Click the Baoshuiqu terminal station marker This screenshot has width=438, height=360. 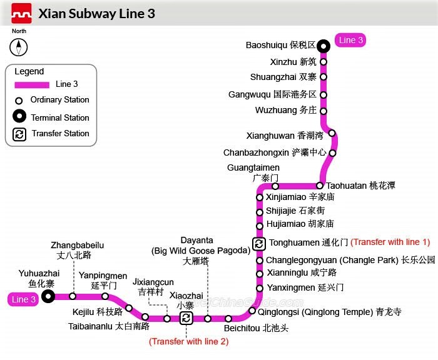pyautogui.click(x=323, y=46)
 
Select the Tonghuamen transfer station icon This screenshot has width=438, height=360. pyautogui.click(x=258, y=242)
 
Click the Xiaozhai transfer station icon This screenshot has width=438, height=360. pyautogui.click(x=186, y=318)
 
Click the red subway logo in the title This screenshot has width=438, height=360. pyautogui.click(x=21, y=13)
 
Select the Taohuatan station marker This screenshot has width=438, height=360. pyautogui.click(x=320, y=186)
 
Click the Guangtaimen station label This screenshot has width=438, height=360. pyautogui.click(x=262, y=172)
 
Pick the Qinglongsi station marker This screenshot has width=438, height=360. pyautogui.click(x=252, y=311)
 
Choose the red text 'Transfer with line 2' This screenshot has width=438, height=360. pyautogui.click(x=188, y=341)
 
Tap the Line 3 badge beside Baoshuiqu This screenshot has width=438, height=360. pyautogui.click(x=350, y=41)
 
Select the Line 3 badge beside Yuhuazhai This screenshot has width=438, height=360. pyautogui.click(x=23, y=299)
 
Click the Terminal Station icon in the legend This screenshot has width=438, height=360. pyautogui.click(x=19, y=117)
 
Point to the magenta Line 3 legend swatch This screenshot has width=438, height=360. pyautogui.click(x=31, y=84)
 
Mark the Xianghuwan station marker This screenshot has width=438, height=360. pyautogui.click(x=332, y=133)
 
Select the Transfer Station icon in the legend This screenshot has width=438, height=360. pyautogui.click(x=19, y=134)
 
